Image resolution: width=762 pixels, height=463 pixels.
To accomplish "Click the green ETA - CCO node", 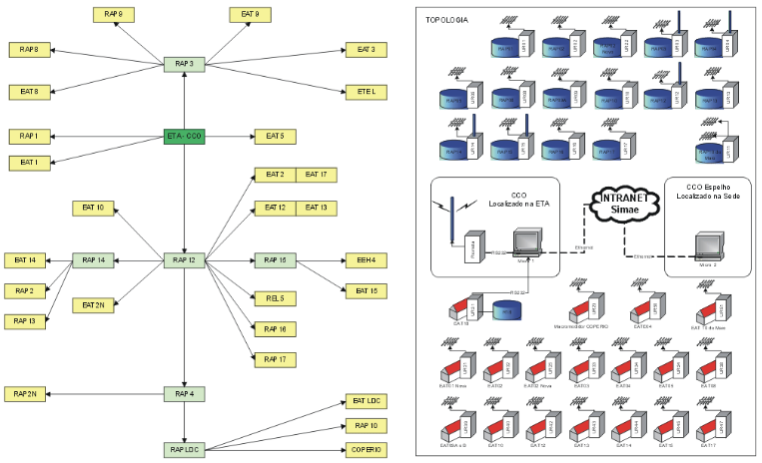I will click(x=185, y=136).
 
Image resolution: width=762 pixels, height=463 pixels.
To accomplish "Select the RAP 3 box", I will click(x=185, y=64).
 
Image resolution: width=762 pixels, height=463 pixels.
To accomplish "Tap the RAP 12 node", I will click(x=185, y=261).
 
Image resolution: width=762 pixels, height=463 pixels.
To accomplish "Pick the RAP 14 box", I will click(x=94, y=261).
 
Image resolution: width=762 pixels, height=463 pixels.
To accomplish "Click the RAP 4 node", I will click(x=185, y=394).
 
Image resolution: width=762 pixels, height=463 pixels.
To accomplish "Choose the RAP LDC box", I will click(x=185, y=449).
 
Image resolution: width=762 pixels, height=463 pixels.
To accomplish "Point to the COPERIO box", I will click(x=367, y=449).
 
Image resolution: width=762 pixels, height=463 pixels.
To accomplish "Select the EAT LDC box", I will click(x=367, y=401).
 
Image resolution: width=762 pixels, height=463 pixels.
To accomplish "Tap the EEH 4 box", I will click(x=367, y=261).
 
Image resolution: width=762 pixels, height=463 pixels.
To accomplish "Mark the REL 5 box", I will click(x=276, y=298).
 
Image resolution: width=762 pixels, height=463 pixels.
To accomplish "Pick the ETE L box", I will click(x=367, y=92).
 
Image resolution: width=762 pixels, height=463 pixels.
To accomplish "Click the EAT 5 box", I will click(x=276, y=136).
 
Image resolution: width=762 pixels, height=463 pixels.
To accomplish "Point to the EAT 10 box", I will click(x=94, y=208).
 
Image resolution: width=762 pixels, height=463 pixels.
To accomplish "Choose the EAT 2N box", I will click(x=94, y=304).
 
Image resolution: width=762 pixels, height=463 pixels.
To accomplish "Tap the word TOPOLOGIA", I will click(x=446, y=19).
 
